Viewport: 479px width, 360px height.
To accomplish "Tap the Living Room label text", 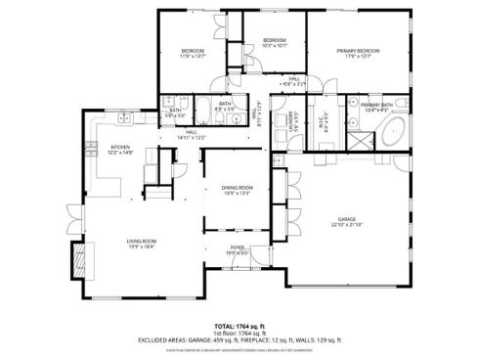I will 142,241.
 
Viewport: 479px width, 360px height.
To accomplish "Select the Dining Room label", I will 237,187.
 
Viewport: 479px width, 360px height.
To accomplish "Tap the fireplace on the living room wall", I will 77,257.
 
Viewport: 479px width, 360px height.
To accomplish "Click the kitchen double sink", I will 124,120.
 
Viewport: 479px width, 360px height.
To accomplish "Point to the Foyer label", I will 238,248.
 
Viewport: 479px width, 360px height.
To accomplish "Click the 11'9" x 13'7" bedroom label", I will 192,51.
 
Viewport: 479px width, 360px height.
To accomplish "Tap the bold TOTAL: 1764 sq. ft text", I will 239,326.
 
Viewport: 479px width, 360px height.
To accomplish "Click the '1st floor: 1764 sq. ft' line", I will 239,334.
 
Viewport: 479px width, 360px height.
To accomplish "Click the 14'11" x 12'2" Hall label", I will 192,136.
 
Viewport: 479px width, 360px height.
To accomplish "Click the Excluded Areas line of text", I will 239,340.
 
